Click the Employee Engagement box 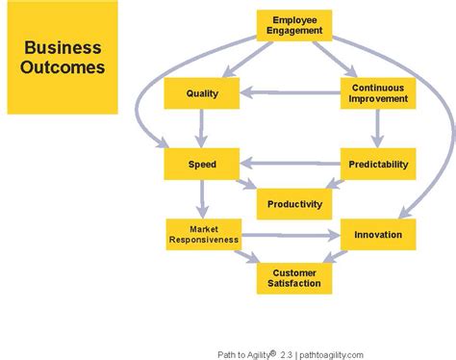[294, 26]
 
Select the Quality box [201, 93]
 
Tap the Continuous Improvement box [377, 93]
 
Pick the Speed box [201, 164]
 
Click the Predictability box [377, 164]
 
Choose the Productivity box [294, 203]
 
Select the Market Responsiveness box [201, 234]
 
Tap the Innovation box [377, 234]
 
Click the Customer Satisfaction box [294, 278]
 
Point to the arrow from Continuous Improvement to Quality [289, 93]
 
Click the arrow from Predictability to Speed [289, 164]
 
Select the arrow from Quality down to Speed [201, 128]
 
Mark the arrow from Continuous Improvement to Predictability [377, 128]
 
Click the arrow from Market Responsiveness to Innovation [289, 234]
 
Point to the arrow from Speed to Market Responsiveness [201, 198]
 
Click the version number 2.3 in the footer [284, 352]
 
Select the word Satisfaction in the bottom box [294, 284]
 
